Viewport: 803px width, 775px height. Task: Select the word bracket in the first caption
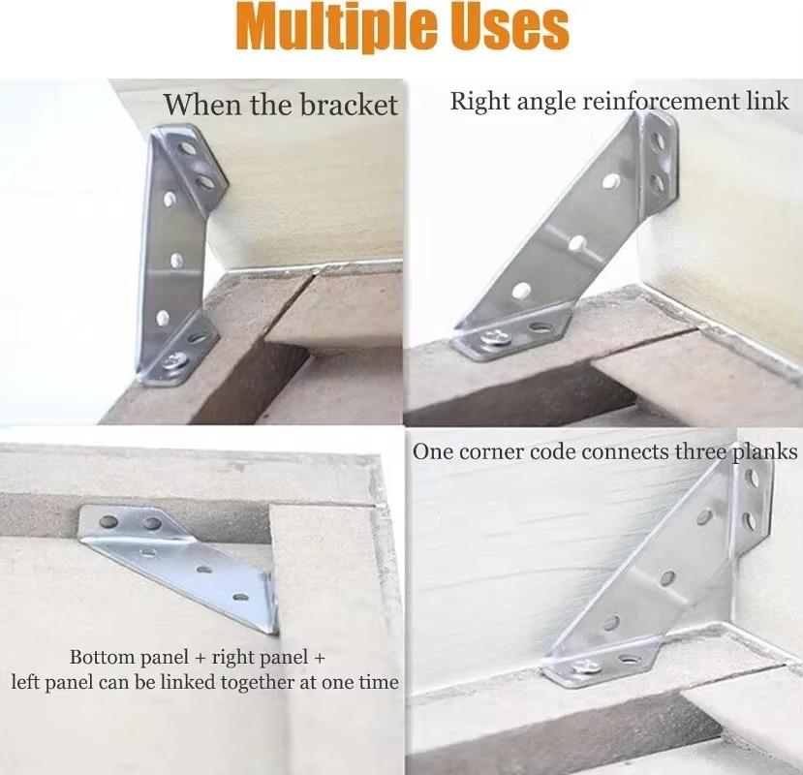point(350,105)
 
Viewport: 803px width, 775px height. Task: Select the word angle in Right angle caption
point(540,102)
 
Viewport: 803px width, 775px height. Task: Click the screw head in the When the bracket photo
point(176,362)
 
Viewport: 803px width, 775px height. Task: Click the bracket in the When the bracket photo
point(179,247)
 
